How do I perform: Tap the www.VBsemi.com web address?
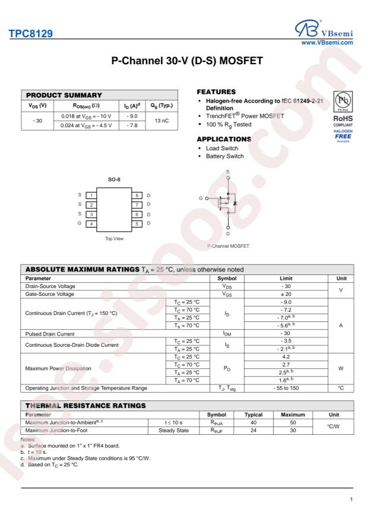click(329, 42)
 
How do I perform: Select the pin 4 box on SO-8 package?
click(90, 223)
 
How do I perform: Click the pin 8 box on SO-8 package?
click(136, 195)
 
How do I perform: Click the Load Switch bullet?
click(221, 147)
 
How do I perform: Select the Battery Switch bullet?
click(224, 156)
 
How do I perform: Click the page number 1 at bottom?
click(353, 500)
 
